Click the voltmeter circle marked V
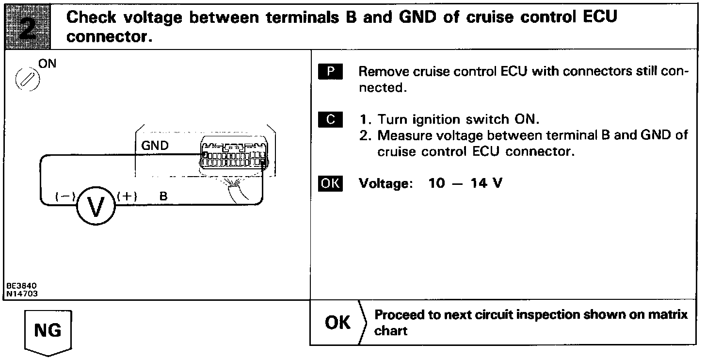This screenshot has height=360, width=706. (96, 206)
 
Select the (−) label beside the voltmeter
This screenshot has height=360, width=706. (64, 197)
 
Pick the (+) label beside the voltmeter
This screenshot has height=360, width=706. (127, 196)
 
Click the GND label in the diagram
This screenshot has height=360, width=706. (155, 145)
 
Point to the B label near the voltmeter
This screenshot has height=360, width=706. (163, 196)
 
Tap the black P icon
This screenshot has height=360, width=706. (331, 72)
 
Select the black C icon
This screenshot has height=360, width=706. (331, 119)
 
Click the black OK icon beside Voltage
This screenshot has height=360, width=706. (330, 184)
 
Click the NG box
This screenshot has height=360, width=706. (48, 330)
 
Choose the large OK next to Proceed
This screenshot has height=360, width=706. (338, 323)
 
